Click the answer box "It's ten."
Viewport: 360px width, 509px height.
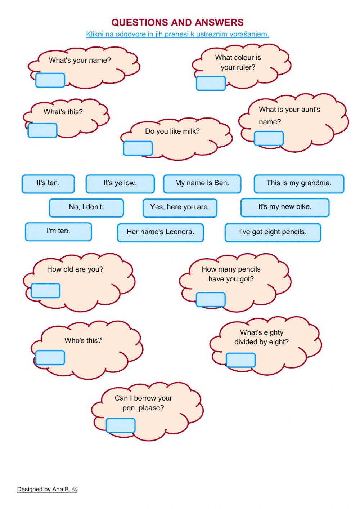point(48,184)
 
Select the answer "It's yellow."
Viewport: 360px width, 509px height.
point(120,184)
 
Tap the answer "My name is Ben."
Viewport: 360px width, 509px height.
point(202,184)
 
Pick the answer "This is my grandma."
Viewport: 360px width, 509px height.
point(299,184)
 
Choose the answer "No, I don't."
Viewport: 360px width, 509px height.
point(86,208)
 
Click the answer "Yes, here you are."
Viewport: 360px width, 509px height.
point(180,208)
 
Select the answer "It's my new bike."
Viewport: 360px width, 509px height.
point(285,207)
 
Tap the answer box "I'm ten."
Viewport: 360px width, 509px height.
point(58,232)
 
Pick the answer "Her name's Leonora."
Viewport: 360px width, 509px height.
point(160,232)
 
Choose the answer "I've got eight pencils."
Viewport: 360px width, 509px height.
point(273,232)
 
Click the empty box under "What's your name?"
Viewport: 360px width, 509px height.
point(50,80)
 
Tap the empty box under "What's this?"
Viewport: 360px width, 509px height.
point(42,130)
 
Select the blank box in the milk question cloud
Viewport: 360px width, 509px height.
point(138,148)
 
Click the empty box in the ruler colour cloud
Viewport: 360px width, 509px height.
point(211,83)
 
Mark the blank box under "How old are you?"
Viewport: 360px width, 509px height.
point(45,291)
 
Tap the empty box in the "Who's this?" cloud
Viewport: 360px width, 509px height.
point(50,357)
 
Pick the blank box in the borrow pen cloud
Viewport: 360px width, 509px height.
point(121,425)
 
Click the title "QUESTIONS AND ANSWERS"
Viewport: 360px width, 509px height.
point(177,22)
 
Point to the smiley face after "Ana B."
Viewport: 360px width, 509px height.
point(75,489)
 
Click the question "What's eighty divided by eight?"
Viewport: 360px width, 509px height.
point(262,337)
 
